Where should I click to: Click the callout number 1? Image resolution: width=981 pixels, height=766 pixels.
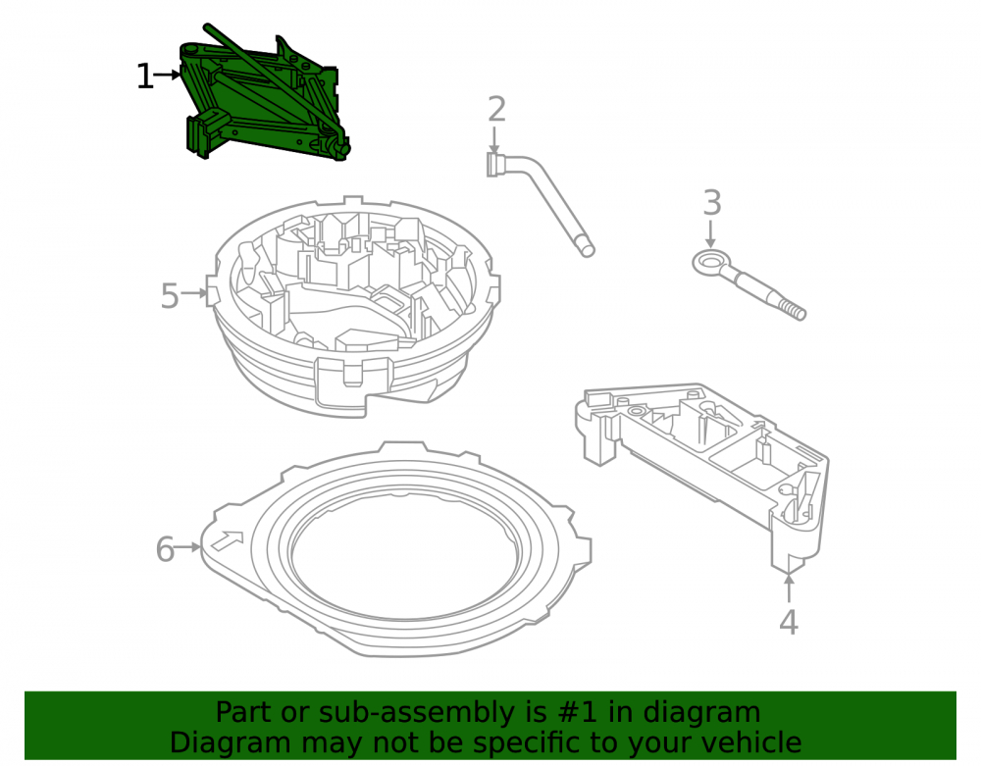click(x=144, y=77)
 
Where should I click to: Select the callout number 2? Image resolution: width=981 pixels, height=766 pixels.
click(x=496, y=110)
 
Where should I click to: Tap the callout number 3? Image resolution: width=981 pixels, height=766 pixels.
click(x=712, y=203)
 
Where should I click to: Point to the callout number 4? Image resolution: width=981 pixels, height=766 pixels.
click(x=789, y=622)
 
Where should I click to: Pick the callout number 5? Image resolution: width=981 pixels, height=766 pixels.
click(x=170, y=296)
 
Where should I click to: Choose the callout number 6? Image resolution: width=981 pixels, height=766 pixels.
click(x=165, y=549)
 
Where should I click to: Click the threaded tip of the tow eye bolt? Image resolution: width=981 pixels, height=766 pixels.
click(x=794, y=310)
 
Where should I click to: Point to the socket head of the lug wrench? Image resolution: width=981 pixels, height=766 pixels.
click(x=494, y=165)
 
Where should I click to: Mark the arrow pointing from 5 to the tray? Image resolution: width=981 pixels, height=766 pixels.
click(x=193, y=292)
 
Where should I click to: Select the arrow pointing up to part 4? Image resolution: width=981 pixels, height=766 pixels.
click(x=789, y=587)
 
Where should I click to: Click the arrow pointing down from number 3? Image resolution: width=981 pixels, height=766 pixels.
click(x=710, y=233)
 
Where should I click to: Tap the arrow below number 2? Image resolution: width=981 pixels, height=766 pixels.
click(x=494, y=139)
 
